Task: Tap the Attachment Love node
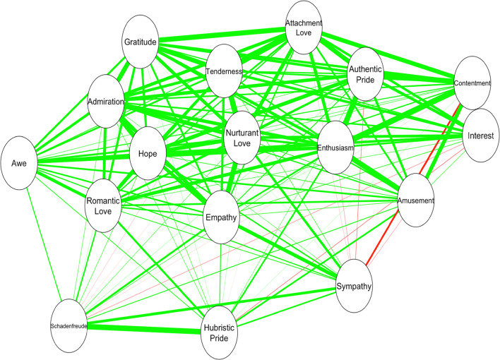(304, 28)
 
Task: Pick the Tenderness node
(224, 72)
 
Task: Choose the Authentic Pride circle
(366, 74)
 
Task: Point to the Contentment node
(472, 83)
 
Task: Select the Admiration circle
(106, 102)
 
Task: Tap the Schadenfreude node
(69, 327)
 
